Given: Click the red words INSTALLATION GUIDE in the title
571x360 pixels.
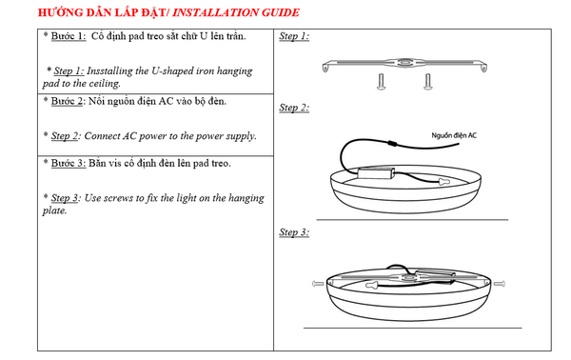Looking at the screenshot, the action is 236,12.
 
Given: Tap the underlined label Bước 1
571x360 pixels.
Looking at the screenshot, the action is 69,36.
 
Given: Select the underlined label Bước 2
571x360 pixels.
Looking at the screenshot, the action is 67,101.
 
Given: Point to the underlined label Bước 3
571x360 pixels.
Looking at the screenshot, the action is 69,163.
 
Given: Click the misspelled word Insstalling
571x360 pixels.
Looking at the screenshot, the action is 109,71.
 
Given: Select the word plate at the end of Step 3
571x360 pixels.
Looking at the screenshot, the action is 54,210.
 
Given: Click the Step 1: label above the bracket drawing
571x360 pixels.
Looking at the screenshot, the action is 294,36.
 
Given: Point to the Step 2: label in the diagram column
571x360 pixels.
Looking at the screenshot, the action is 294,108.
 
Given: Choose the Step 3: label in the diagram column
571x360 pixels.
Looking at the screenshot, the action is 294,232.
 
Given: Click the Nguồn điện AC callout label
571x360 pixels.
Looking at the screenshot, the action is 454,135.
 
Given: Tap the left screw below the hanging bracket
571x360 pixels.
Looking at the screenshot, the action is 381,82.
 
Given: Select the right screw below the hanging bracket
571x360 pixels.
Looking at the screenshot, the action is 427,82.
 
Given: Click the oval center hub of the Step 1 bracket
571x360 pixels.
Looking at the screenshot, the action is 404,63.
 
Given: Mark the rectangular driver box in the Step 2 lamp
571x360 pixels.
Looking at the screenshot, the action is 377,172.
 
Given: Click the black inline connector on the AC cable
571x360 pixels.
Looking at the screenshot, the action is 392,143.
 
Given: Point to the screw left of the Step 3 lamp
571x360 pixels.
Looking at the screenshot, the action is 318,283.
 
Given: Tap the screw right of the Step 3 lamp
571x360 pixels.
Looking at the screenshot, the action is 499,283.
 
